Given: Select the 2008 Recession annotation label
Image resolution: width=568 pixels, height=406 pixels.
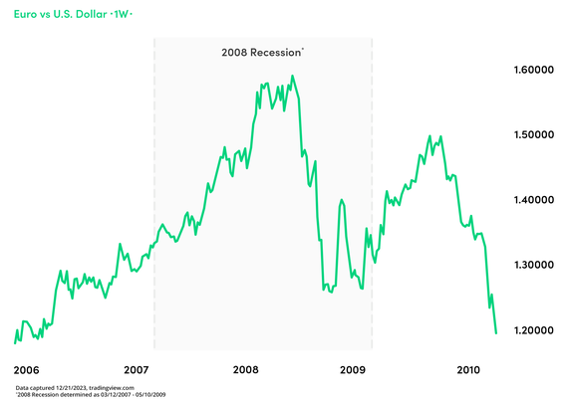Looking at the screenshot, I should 261,51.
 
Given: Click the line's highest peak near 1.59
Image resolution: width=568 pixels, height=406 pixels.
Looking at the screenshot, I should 292,76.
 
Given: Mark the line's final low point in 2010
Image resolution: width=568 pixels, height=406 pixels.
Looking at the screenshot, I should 496,333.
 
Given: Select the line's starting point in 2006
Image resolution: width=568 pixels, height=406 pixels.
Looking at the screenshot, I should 15,342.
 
